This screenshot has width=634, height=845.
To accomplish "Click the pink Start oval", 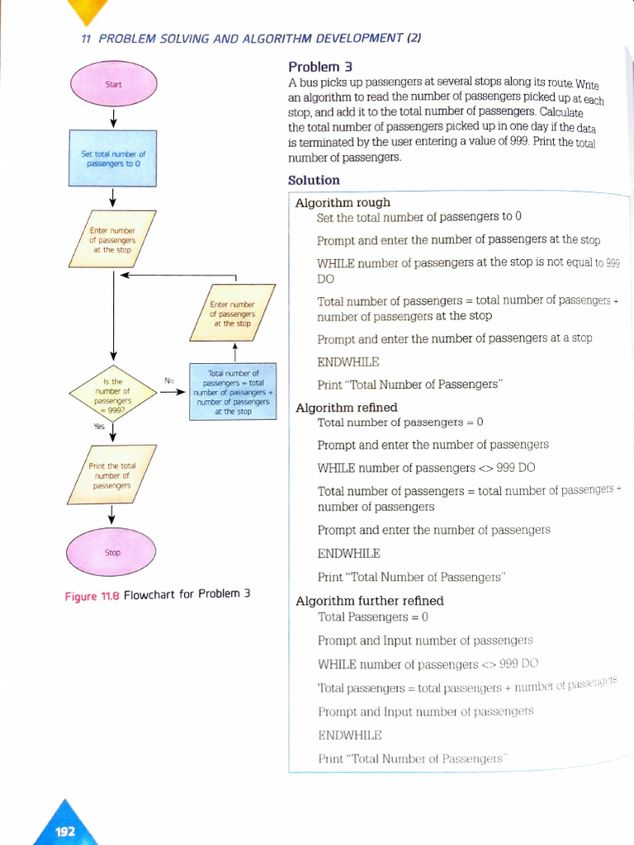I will [x=113, y=85].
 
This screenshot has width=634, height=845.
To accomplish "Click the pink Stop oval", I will [x=111, y=552].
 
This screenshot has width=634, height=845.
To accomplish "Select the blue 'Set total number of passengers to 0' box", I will [x=113, y=158].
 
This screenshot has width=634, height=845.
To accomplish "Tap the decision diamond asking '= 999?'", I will [x=112, y=392].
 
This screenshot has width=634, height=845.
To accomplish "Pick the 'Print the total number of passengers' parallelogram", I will [x=112, y=475].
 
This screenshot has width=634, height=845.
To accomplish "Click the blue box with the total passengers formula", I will [x=234, y=392].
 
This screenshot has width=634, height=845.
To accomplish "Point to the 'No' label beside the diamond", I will [x=169, y=380].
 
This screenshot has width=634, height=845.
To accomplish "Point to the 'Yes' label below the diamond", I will [x=99, y=426].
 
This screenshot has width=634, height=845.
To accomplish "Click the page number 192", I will [x=65, y=831].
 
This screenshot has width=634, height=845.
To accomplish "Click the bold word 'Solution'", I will [x=314, y=180].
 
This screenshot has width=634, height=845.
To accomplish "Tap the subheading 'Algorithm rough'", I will [x=343, y=202].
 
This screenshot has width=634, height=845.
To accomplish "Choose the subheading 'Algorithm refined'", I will [x=347, y=407].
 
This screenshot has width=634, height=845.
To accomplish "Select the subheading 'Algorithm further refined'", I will [x=370, y=601].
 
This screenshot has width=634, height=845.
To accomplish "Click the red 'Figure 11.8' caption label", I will [x=92, y=596].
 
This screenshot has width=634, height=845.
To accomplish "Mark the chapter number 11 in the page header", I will [x=86, y=38].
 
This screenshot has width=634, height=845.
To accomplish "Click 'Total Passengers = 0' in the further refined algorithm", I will [x=373, y=617].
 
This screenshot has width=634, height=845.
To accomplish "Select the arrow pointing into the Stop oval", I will [x=111, y=515].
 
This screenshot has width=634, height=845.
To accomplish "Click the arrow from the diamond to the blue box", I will [x=172, y=392].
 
